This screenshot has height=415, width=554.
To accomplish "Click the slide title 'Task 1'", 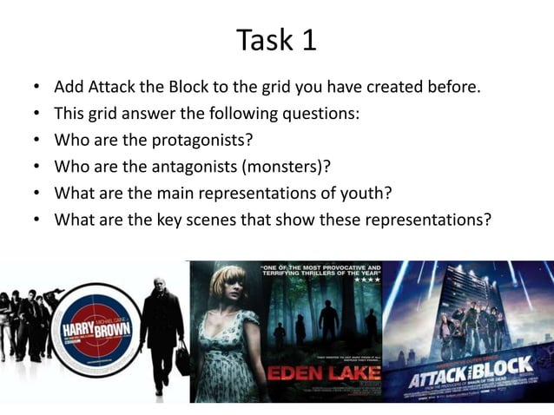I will [277, 40].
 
